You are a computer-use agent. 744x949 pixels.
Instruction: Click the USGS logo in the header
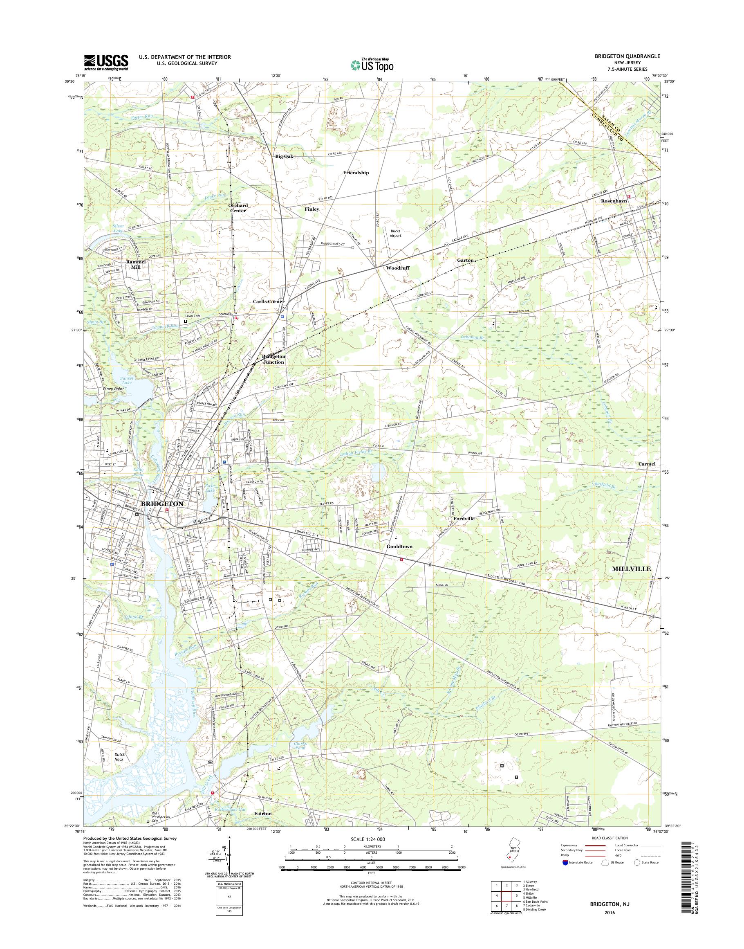(106, 62)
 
